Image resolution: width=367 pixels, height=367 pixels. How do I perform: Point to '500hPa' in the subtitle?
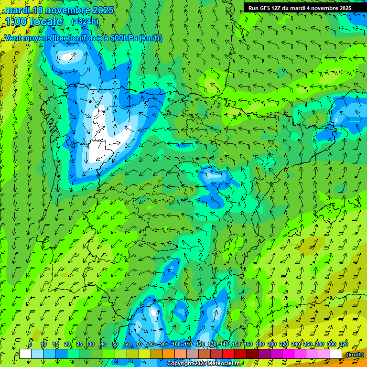(123, 38)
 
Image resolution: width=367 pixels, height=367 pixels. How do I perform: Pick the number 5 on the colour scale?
(30, 345)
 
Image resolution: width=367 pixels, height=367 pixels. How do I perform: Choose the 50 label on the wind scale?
(115, 345)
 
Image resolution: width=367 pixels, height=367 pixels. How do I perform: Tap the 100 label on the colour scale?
(176, 345)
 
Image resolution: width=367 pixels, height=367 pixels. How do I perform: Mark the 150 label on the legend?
(236, 345)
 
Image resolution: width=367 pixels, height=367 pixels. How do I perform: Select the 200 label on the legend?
(272, 345)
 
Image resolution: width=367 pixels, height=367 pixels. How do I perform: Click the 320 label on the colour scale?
(343, 345)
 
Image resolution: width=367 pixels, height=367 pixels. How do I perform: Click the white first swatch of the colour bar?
(25, 354)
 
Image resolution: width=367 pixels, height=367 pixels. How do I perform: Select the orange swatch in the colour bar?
(169, 354)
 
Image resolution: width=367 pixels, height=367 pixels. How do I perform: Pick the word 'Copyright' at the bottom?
(181, 364)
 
